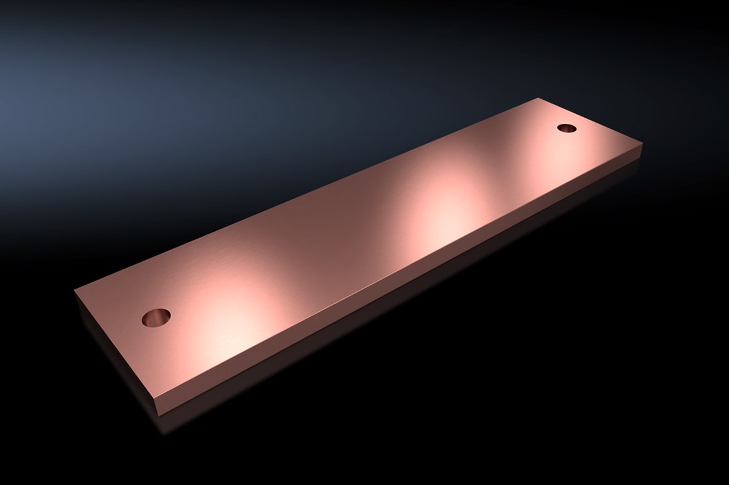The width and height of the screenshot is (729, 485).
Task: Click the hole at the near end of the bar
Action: (x=156, y=317)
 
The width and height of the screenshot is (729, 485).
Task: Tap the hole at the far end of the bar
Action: (x=566, y=128)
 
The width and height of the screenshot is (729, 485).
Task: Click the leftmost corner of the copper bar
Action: (x=75, y=290)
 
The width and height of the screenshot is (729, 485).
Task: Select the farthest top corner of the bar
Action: (x=538, y=98)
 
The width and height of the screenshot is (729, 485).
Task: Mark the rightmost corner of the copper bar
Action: (x=643, y=143)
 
